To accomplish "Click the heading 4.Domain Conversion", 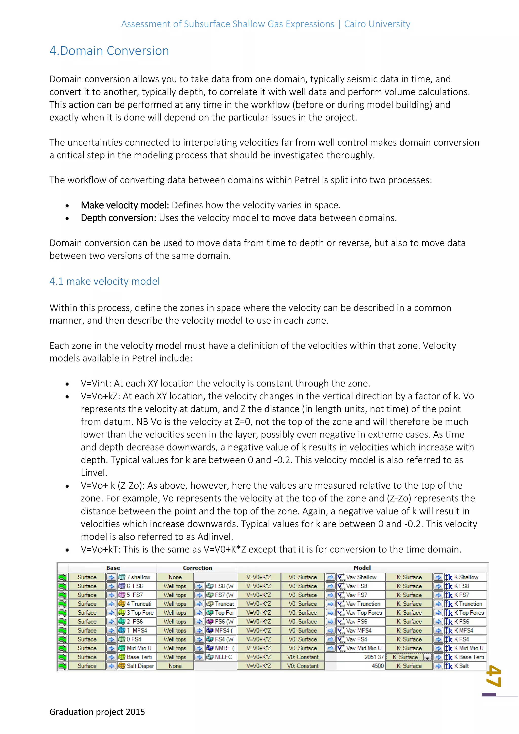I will point(109,51).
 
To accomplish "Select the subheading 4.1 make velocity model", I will point(104,281).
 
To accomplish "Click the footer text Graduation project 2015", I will point(97,712).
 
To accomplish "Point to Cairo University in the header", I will point(377,24).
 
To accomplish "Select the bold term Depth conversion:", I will point(119,218).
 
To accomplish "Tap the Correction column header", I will point(197,568).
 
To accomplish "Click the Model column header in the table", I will point(362,568).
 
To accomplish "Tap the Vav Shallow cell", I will point(361,577).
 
